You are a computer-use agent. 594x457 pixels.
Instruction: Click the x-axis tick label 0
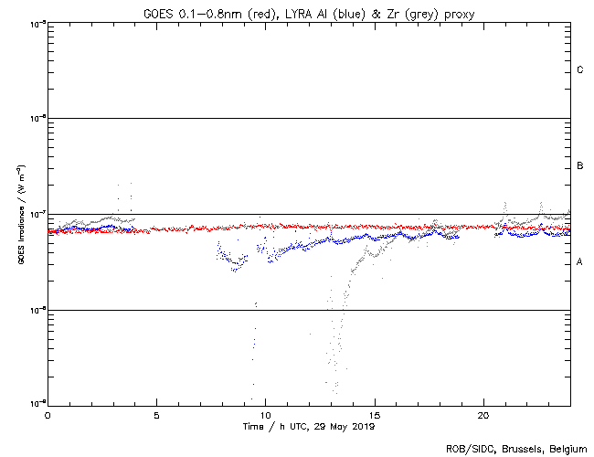tap(48, 414)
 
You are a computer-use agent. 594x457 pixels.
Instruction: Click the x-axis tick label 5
tap(156, 414)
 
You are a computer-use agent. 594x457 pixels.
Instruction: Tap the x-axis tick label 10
tap(265, 414)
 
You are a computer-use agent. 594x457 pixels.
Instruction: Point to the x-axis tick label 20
tap(483, 414)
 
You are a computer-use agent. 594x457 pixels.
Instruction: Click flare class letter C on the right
tap(580, 70)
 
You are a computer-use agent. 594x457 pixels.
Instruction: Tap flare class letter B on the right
tap(580, 166)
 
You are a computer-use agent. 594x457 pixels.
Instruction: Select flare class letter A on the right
tap(580, 262)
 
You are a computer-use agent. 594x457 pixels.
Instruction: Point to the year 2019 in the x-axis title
tap(362, 426)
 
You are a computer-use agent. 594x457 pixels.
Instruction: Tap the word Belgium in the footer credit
tap(564, 449)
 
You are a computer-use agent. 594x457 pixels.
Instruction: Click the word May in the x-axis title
tap(334, 426)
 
